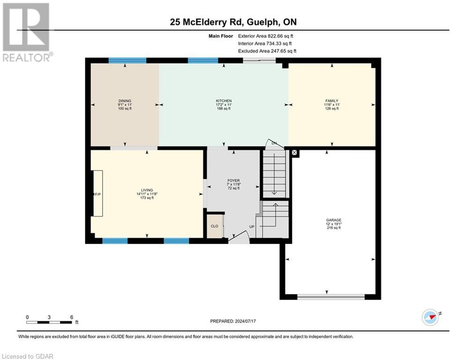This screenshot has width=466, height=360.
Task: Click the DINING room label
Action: (x=125, y=101)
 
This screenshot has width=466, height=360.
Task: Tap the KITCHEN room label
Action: (x=223, y=101)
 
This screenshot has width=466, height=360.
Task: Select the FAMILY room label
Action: (x=332, y=101)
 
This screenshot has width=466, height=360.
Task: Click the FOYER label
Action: (x=233, y=180)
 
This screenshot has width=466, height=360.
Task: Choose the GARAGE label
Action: (x=334, y=220)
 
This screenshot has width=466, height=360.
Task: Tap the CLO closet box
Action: (x=215, y=225)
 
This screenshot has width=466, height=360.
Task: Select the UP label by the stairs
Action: (x=251, y=226)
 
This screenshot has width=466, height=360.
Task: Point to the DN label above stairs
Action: (x=274, y=142)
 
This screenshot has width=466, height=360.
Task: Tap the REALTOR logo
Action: (x=27, y=32)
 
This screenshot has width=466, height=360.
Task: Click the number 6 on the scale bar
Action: (x=71, y=317)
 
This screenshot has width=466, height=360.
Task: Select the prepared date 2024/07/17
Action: (x=233, y=321)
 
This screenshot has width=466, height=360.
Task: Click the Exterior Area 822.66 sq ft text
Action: (x=266, y=36)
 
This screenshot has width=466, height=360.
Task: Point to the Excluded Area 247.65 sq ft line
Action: (x=267, y=51)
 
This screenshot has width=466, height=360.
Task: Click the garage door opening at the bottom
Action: (x=331, y=296)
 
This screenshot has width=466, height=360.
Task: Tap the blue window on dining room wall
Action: (x=127, y=60)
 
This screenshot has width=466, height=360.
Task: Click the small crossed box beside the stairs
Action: (x=294, y=152)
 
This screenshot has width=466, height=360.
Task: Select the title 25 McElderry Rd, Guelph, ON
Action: (x=232, y=22)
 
